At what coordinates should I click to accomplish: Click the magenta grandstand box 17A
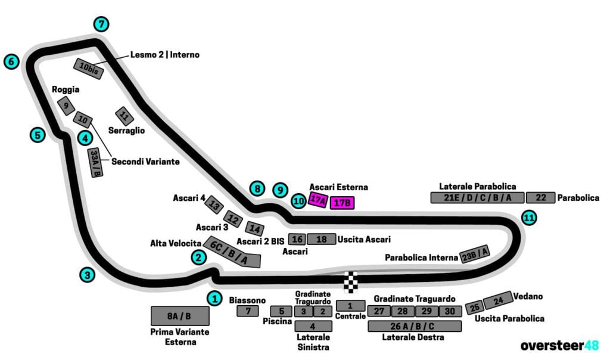pos(318,201)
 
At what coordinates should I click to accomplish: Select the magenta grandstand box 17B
pos(343,203)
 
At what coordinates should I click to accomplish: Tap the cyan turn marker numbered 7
pos(102,24)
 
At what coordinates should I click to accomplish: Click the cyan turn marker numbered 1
pos(214,297)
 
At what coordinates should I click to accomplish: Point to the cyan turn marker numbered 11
pos(528,218)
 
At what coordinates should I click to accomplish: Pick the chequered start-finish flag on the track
pos(351,282)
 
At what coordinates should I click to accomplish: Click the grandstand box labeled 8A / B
pos(180,316)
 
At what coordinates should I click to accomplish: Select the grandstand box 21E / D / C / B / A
pos(477,198)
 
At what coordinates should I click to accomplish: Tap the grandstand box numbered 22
pos(541,198)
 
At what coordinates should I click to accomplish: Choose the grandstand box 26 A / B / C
pos(415,327)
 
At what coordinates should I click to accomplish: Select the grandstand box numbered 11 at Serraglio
pos(124,116)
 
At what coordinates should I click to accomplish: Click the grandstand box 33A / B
pos(95,163)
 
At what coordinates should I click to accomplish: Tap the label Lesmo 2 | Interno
pos(165,55)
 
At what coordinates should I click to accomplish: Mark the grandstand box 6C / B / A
pos(232,253)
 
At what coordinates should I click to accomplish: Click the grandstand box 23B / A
pos(475,255)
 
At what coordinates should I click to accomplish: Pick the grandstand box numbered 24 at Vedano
pos(498,300)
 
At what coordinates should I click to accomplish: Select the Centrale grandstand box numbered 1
pos(350,306)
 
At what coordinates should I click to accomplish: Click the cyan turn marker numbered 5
pos(38,135)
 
